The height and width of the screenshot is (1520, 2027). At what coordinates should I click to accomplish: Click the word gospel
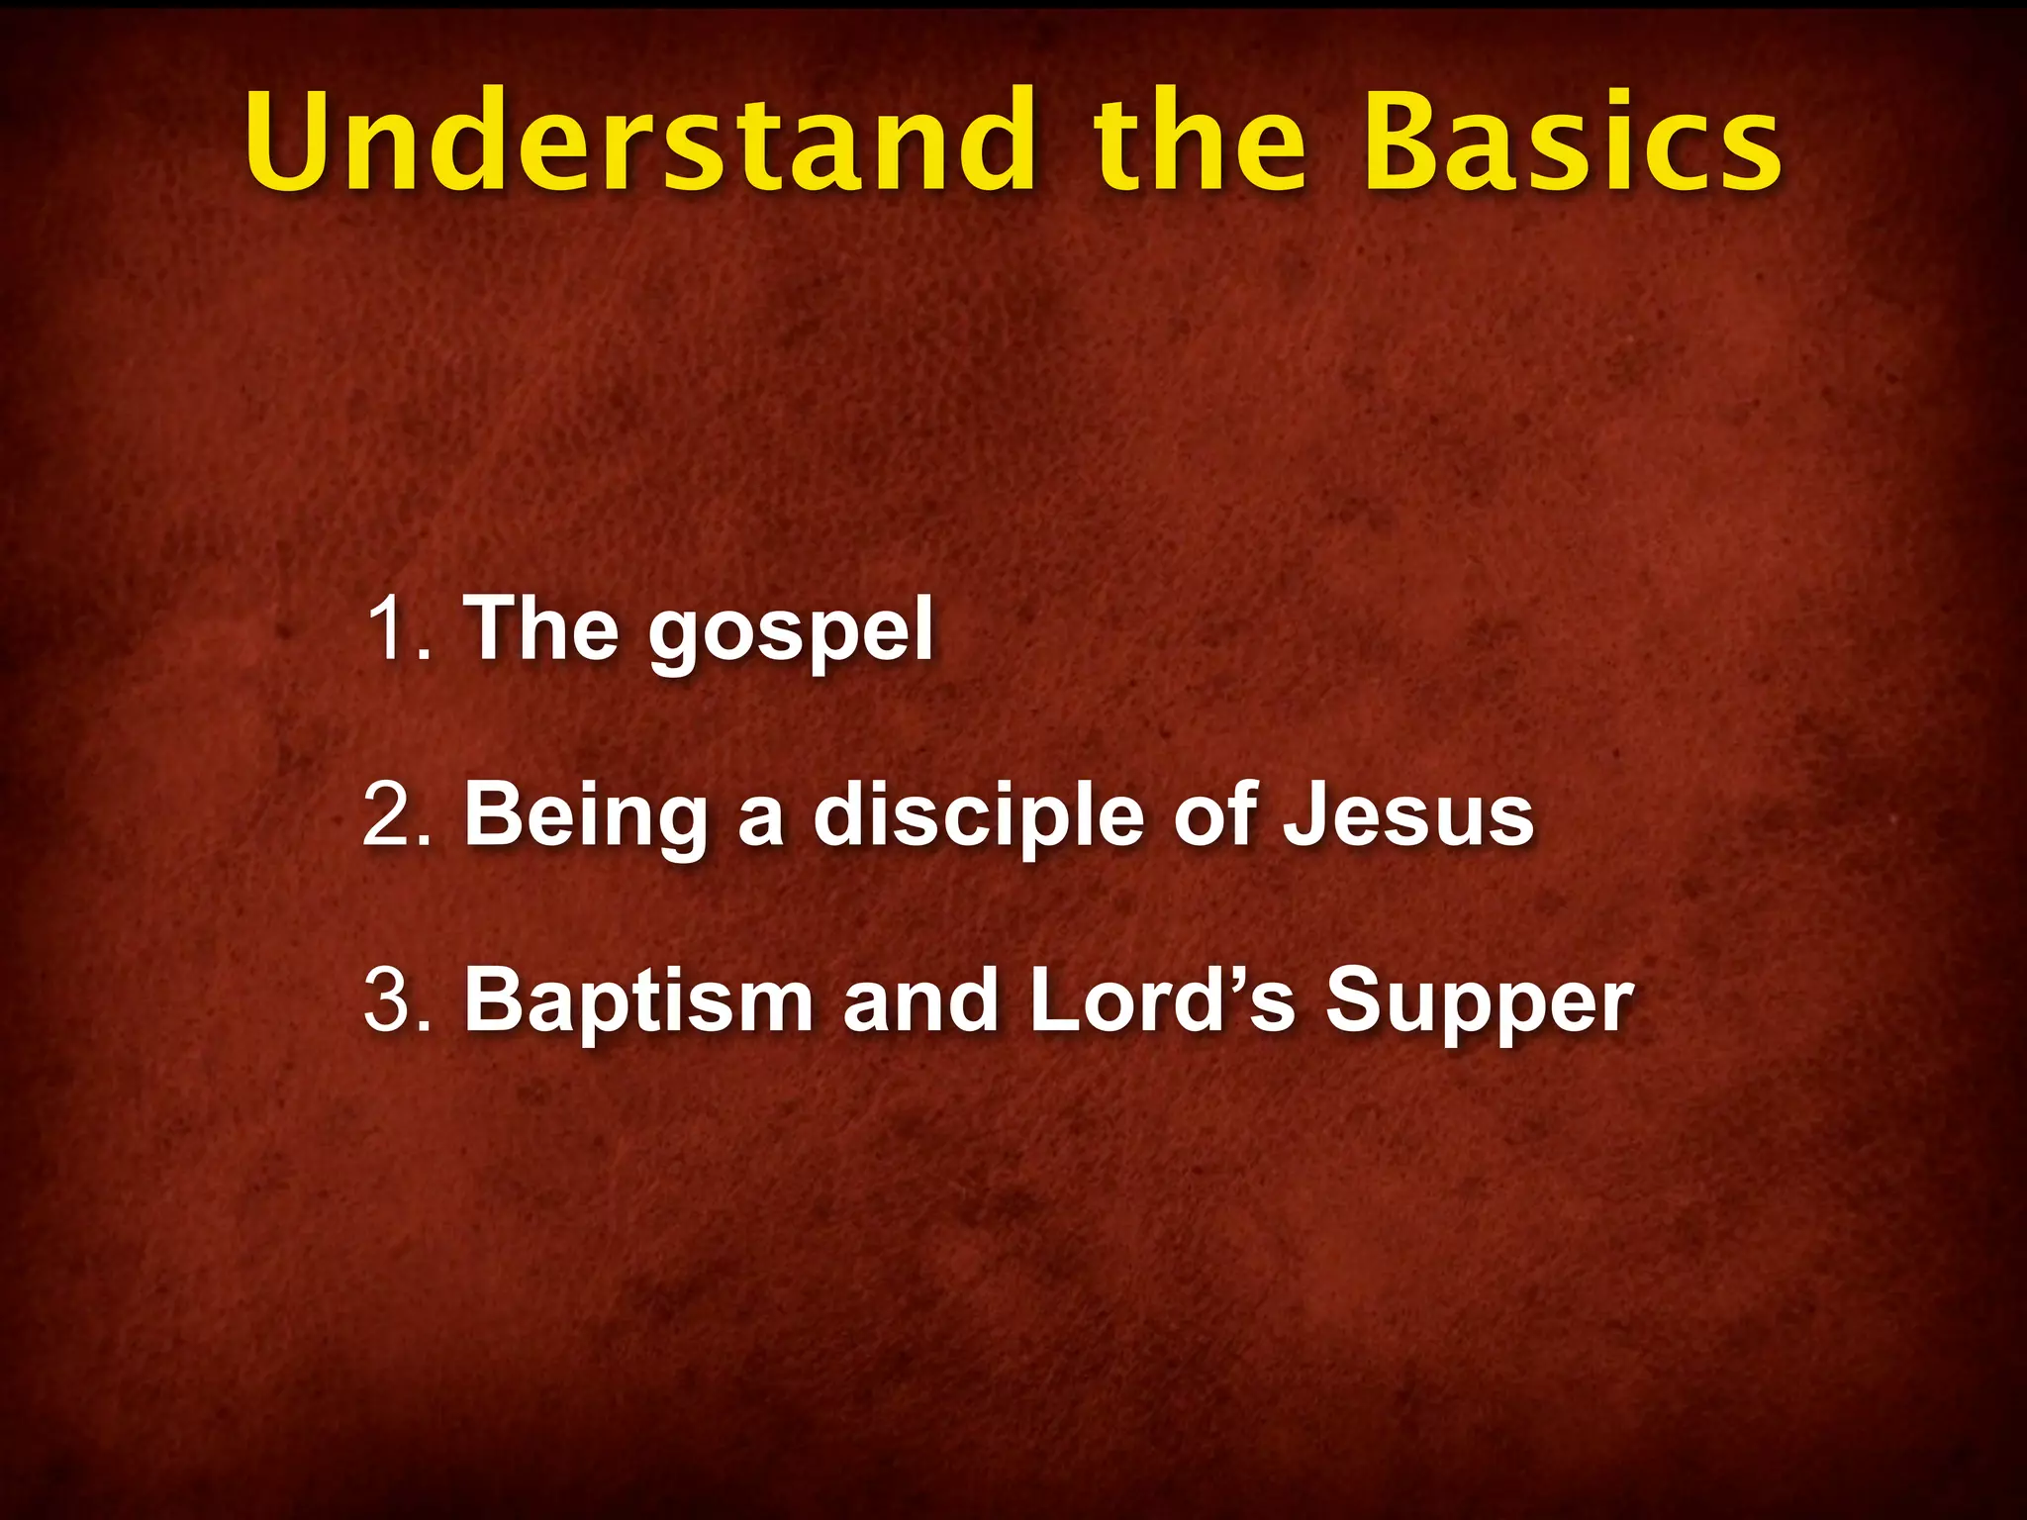pyautogui.click(x=791, y=633)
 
